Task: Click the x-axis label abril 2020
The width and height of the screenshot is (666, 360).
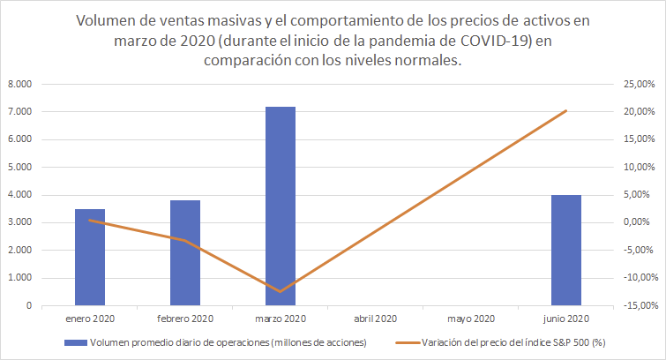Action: (x=376, y=319)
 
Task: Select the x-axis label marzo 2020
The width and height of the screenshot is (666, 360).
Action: (x=281, y=319)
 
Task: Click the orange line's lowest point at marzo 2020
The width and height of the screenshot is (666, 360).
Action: (x=281, y=291)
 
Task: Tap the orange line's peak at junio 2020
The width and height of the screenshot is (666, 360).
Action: (x=566, y=110)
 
